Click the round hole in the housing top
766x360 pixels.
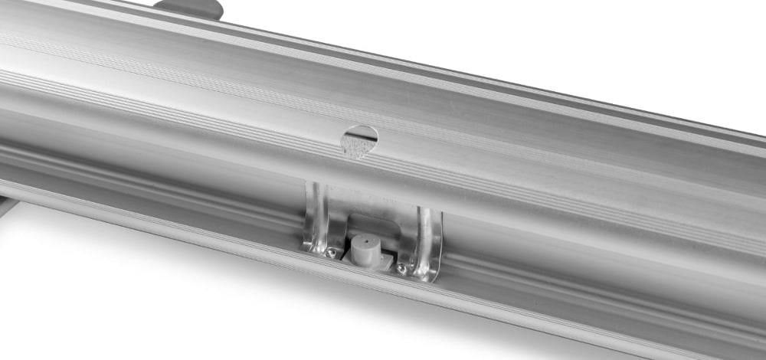(x=359, y=140)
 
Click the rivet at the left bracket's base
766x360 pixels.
(x=330, y=251)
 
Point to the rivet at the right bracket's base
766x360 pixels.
(x=401, y=267)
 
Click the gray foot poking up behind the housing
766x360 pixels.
(x=188, y=8)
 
